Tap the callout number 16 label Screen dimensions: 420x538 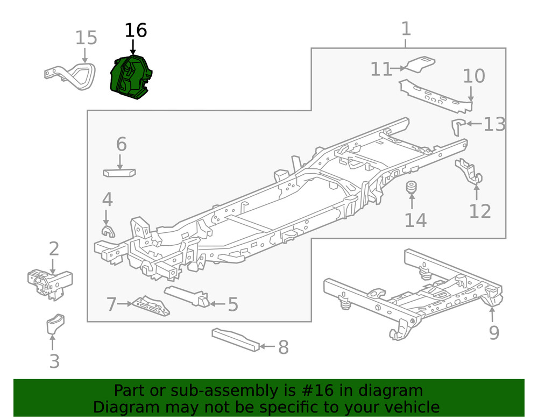(136, 31)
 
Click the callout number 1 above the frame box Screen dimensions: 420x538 (406, 29)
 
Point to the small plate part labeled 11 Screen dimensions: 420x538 (420, 63)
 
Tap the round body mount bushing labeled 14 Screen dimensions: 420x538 (412, 188)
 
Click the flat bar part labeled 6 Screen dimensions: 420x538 (119, 173)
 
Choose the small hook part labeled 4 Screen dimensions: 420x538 (107, 231)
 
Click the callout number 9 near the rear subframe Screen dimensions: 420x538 (494, 333)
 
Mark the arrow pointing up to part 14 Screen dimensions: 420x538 (412, 202)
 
